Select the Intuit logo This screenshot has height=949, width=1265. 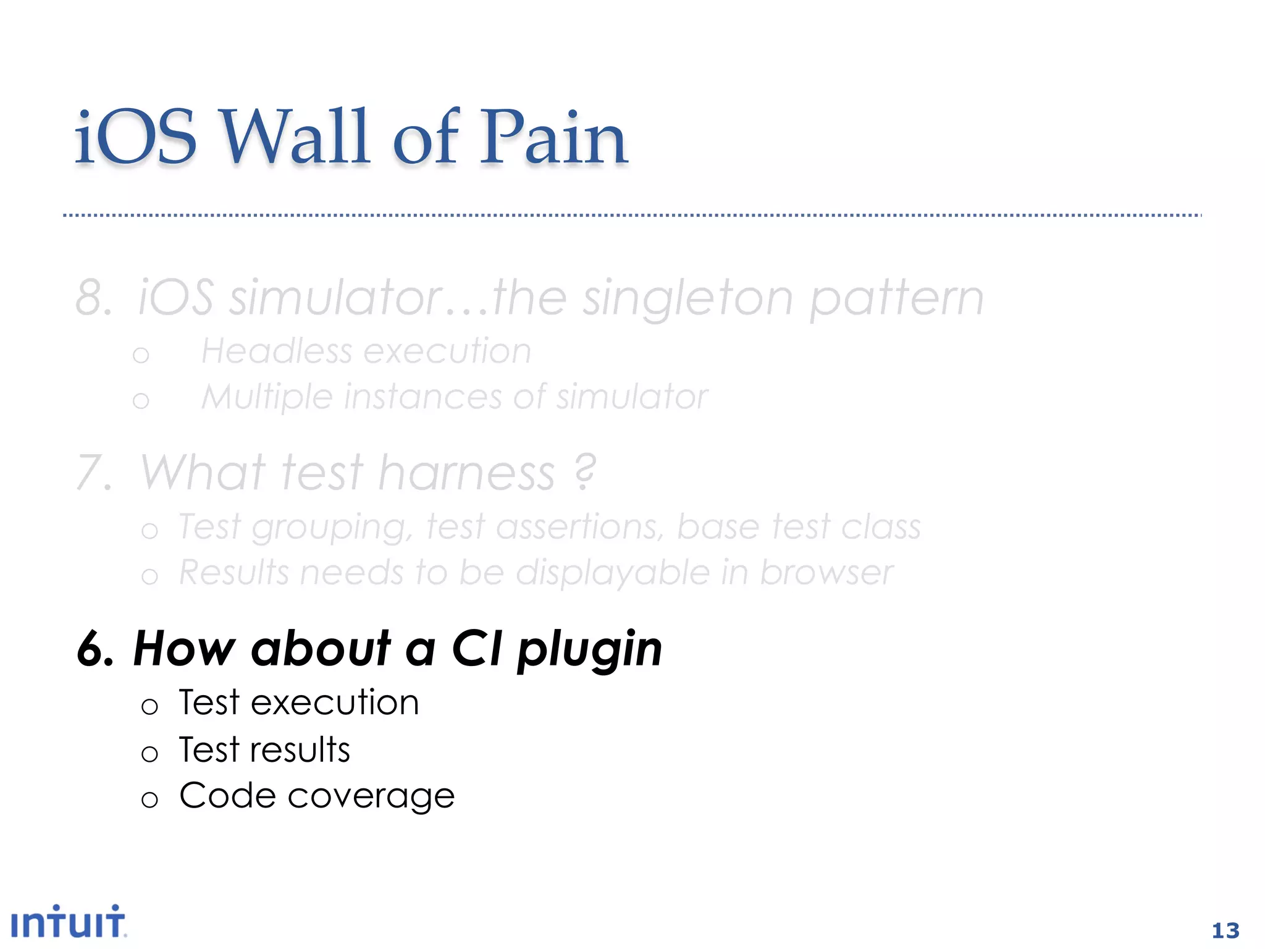coord(68,923)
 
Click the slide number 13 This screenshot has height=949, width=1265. coord(1225,930)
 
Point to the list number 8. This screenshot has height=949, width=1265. coord(93,298)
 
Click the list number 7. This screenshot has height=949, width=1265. coord(93,473)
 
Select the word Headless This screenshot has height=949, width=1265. coord(276,352)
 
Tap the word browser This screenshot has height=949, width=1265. coord(826,573)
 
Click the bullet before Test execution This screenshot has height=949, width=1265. coord(149,706)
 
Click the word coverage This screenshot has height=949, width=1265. coord(371,796)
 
